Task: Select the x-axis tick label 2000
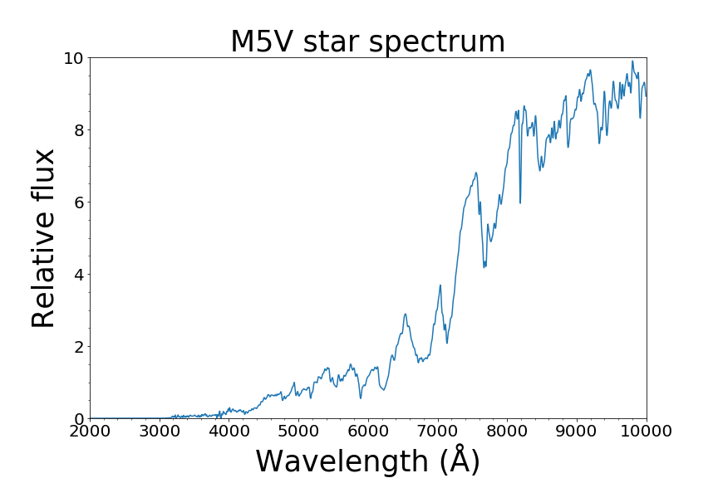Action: (x=90, y=433)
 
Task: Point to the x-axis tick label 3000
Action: (x=160, y=433)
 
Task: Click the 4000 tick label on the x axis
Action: (x=229, y=433)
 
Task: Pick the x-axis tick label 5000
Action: (x=298, y=433)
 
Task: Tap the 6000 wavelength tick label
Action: (x=368, y=433)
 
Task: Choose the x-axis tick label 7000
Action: (x=438, y=433)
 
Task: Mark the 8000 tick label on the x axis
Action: (x=508, y=433)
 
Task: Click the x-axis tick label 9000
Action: (x=577, y=433)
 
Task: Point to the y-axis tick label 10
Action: (x=73, y=58)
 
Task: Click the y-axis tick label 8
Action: (x=77, y=130)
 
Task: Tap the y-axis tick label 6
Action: (x=77, y=202)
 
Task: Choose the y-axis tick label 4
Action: (x=77, y=275)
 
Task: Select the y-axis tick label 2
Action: (x=77, y=347)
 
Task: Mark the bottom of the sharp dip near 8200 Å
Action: (x=520, y=202)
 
